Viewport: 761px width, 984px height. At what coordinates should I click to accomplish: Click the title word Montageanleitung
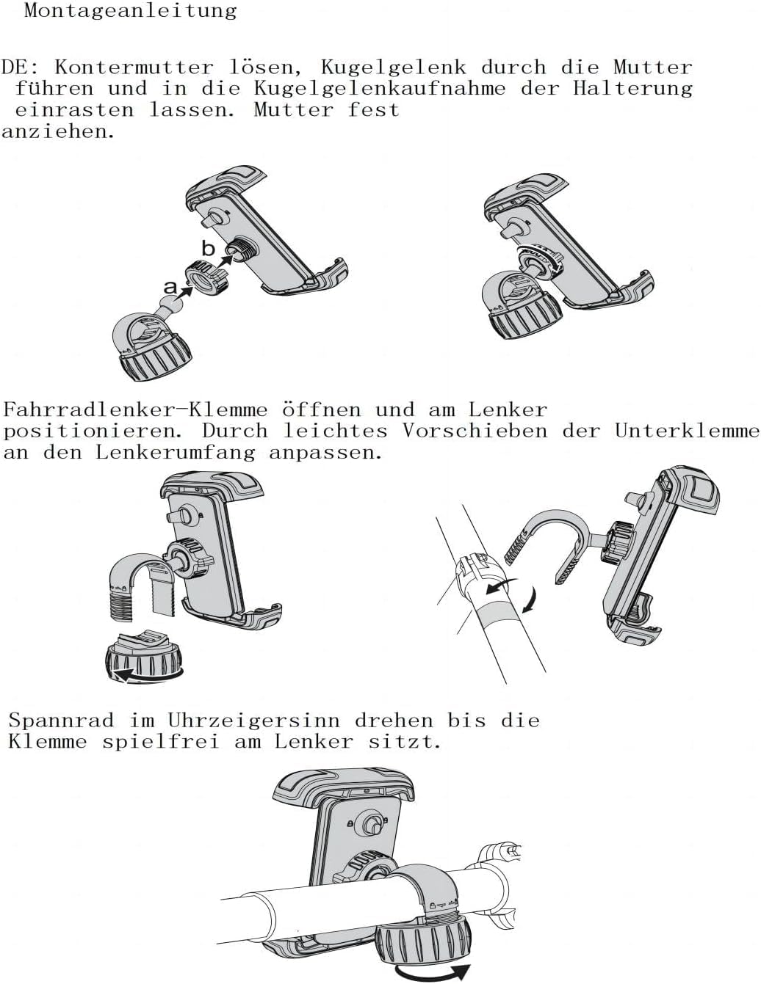tap(130, 11)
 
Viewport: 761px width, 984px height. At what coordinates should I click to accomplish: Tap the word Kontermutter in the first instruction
tap(134, 68)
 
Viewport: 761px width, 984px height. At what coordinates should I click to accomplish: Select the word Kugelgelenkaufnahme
tap(380, 89)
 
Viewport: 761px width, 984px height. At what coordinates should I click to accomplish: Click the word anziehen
tap(57, 132)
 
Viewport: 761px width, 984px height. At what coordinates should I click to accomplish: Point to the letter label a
tap(170, 287)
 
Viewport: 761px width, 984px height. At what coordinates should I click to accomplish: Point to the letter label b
tap(208, 248)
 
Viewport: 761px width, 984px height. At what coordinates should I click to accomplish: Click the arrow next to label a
tap(185, 291)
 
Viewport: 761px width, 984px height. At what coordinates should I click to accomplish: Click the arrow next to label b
tap(226, 261)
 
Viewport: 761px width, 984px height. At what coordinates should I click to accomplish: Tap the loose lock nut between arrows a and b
tap(206, 280)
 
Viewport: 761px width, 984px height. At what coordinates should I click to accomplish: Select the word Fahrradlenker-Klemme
tap(135, 409)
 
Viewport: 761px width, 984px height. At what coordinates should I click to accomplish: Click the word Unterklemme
tap(687, 431)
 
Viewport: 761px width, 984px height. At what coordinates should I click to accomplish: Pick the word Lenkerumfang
tap(176, 453)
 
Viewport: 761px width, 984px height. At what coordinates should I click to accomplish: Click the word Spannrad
tap(61, 721)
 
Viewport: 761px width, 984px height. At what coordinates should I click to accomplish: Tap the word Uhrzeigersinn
tap(254, 721)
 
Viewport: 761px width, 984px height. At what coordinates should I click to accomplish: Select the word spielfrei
tap(161, 742)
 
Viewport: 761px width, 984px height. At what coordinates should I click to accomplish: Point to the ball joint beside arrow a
tap(170, 302)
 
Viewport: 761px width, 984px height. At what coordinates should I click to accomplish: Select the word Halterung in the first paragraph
tap(632, 89)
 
